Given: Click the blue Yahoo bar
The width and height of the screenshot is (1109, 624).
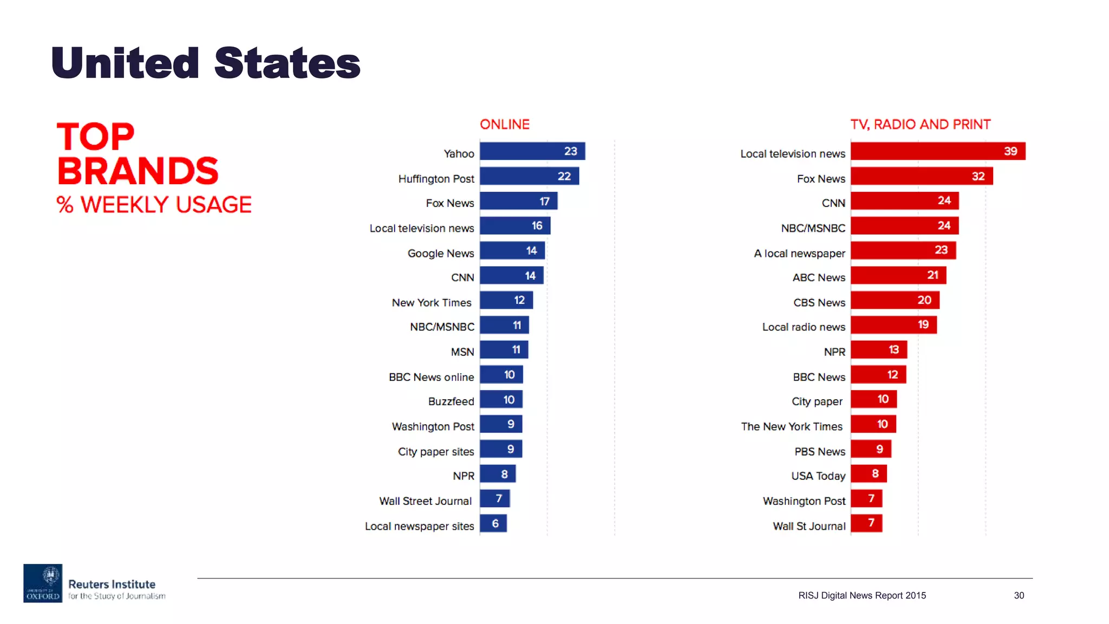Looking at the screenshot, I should click(x=532, y=151).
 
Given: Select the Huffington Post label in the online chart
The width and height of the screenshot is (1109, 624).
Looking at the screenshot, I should click(x=436, y=179).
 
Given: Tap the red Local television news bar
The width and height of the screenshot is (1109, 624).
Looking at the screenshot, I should click(x=937, y=151).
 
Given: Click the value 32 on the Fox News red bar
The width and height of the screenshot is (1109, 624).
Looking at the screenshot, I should click(x=978, y=176).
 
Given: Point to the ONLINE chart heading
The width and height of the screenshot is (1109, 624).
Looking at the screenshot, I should click(x=504, y=125).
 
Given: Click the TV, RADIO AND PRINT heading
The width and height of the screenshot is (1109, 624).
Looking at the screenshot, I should click(x=920, y=125).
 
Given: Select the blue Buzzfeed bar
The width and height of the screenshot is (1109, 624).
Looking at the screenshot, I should click(x=501, y=400).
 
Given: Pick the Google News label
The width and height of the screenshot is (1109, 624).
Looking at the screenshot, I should click(x=440, y=253).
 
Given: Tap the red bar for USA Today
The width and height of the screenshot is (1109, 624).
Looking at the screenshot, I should click(x=868, y=474).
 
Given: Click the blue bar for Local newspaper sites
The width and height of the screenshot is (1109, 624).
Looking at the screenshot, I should click(x=493, y=524).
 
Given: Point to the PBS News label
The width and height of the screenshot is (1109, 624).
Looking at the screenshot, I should click(x=819, y=452).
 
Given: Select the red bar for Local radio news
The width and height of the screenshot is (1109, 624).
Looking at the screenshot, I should click(x=893, y=325).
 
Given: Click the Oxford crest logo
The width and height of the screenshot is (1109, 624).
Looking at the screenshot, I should click(x=43, y=583).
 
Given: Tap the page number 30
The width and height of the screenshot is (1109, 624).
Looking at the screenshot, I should click(x=1019, y=595).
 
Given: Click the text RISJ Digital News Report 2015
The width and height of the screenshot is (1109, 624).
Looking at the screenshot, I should click(x=862, y=595).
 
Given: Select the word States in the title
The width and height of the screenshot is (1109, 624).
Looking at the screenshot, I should click(x=287, y=63).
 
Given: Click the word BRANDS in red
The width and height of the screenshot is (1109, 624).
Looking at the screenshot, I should click(x=138, y=171).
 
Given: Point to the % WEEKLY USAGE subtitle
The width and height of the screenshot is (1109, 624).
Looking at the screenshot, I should click(x=154, y=205).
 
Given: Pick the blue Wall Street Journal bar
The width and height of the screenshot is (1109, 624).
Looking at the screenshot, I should click(x=494, y=499).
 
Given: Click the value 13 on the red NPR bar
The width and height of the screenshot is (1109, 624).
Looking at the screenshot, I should click(x=893, y=350).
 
